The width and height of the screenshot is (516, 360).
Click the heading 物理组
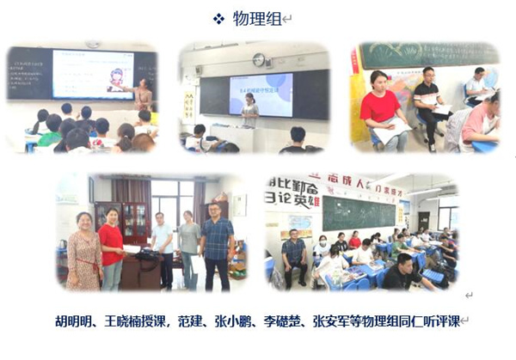[x=257, y=19]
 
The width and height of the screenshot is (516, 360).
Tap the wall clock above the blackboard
[x=259, y=59]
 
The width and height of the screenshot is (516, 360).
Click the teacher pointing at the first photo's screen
[x=143, y=94]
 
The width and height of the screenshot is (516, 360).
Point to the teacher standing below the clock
[x=251, y=110]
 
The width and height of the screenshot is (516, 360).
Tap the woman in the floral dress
[x=84, y=249]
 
